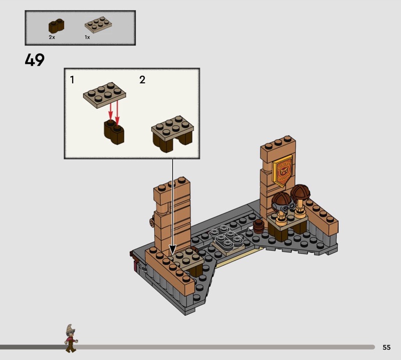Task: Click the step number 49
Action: tap(35, 60)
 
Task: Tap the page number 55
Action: tap(386, 347)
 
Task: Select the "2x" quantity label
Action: tap(52, 38)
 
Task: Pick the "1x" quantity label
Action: tap(87, 38)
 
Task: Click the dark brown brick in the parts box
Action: tap(56, 26)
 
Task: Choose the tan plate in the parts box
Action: tap(98, 25)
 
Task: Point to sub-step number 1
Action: tap(72, 80)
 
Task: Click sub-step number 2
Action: tap(142, 80)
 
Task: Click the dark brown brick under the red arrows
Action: tap(114, 132)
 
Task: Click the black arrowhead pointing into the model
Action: tap(172, 250)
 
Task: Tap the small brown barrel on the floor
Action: tap(259, 226)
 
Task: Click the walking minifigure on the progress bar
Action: tap(71, 338)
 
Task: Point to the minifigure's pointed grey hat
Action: tap(70, 328)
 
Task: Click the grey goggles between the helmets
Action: tap(285, 207)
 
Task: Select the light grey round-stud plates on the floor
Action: tap(225, 237)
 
